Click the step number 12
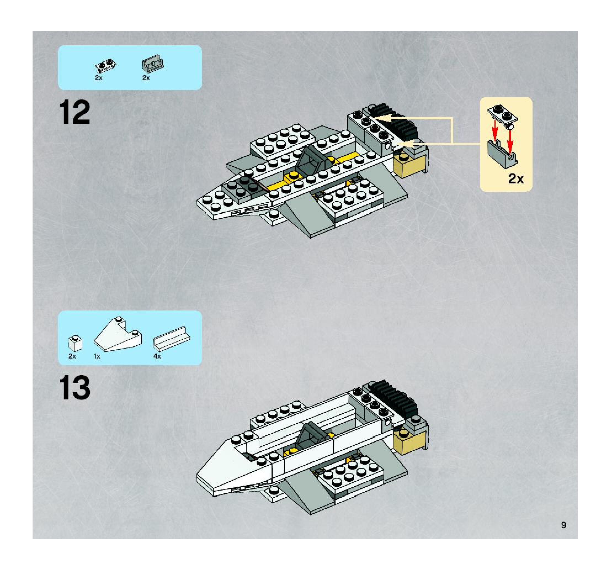coord(74,112)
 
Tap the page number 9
coord(563,525)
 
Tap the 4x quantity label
coord(157,356)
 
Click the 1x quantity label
coord(97,356)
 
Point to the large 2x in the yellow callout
coord(516,179)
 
